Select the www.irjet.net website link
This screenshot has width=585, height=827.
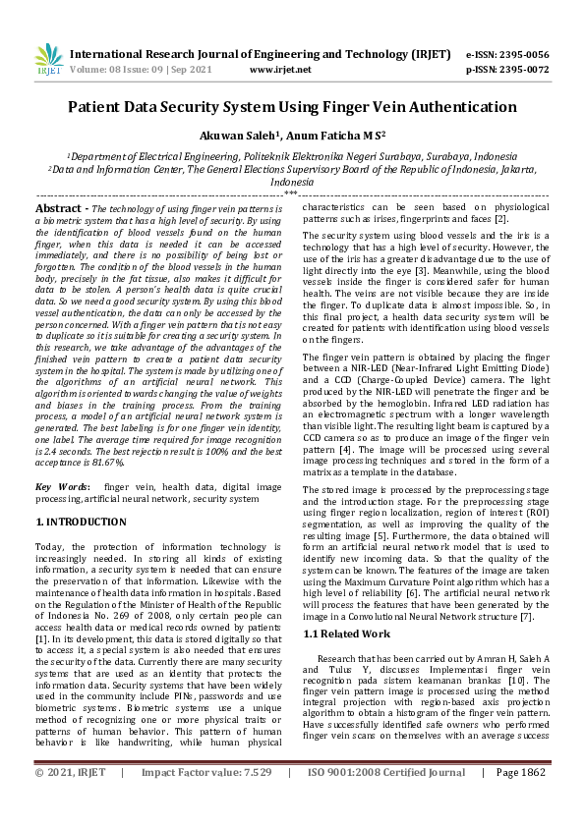click(x=280, y=70)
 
